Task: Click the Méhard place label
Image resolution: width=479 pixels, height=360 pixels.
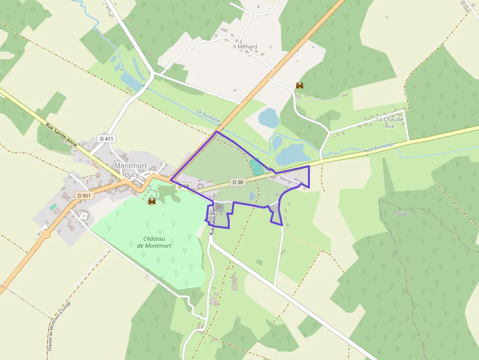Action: point(247,47)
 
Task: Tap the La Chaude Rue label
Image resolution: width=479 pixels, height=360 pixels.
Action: point(390,123)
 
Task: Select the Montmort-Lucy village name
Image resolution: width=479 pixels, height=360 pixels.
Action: point(132,169)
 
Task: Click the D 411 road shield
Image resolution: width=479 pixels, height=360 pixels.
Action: point(106,139)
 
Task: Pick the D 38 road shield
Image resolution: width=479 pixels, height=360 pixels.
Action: point(238,182)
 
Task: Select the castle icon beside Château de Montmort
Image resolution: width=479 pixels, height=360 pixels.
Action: point(152,201)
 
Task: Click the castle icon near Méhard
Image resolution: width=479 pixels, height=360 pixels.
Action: point(300,85)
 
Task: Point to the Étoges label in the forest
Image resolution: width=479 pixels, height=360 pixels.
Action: point(401,213)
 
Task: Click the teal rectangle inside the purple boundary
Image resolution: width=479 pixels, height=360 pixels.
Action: point(256,167)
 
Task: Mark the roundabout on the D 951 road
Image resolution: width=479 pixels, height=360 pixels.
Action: point(46,233)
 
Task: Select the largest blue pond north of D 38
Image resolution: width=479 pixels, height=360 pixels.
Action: point(292,154)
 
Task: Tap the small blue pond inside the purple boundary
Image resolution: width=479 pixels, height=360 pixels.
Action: point(252,196)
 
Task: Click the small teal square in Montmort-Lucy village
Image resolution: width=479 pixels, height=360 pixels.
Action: point(53,207)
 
